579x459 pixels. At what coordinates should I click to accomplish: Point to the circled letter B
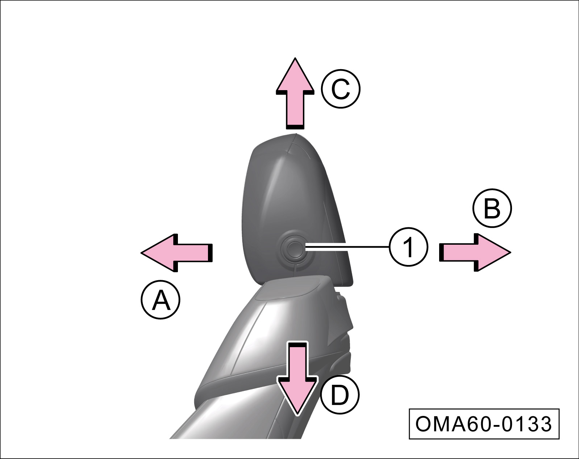(x=492, y=209)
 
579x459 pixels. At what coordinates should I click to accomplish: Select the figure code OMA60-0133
(x=484, y=424)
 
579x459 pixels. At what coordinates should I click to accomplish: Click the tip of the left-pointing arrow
(x=142, y=252)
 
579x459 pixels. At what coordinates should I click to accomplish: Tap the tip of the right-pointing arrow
(x=510, y=252)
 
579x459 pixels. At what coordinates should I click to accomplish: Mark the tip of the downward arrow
(x=297, y=413)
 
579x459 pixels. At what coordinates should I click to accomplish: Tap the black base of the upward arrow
(x=295, y=127)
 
